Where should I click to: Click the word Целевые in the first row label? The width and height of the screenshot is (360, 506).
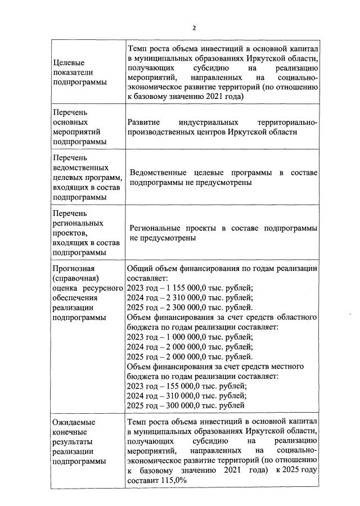pyautogui.click(x=67, y=62)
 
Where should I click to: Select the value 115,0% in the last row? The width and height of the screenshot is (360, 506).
pyautogui.click(x=171, y=481)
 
